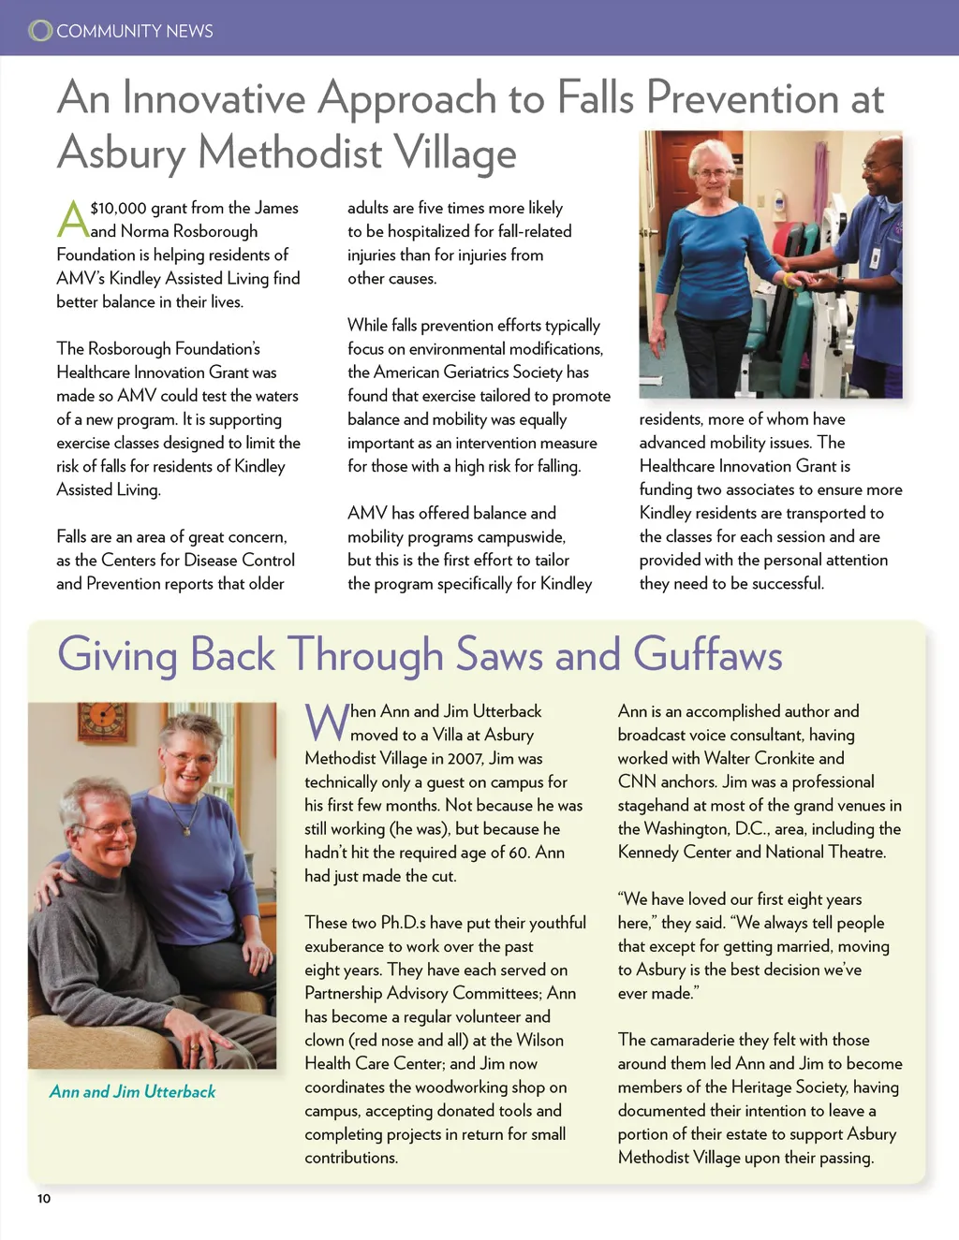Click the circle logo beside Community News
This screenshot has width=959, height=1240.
click(x=40, y=31)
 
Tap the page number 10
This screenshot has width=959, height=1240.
click(x=44, y=1199)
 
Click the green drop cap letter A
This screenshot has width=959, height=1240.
click(x=72, y=219)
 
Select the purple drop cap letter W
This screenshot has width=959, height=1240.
click(x=326, y=722)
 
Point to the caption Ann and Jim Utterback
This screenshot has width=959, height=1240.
click(x=132, y=1091)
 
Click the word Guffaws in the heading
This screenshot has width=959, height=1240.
click(x=707, y=654)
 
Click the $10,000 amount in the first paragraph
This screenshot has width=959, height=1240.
click(x=119, y=208)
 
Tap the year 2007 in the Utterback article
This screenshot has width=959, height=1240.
click(x=465, y=759)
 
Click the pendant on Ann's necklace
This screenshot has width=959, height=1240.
click(x=186, y=828)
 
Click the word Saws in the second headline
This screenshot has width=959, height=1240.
click(x=500, y=654)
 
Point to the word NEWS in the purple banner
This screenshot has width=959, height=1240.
click(x=189, y=31)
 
